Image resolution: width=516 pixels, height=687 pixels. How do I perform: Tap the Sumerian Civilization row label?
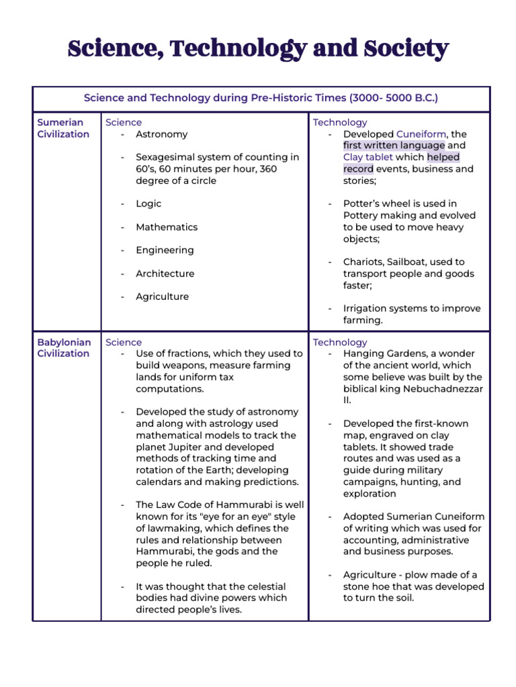63,128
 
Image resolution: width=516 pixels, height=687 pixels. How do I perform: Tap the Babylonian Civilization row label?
64,348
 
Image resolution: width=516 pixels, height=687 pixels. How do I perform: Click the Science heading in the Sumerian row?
124,122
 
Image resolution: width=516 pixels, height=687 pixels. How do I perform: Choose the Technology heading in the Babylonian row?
340,342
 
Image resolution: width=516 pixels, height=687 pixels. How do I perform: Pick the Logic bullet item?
148,203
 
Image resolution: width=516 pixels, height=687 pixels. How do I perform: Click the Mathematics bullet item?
167,227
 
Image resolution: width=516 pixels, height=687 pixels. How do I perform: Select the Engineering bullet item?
165,250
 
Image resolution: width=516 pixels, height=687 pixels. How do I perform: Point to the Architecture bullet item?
165,274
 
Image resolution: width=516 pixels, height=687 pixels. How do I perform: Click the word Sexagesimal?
167,157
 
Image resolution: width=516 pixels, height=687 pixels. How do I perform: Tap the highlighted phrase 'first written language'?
394,146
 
